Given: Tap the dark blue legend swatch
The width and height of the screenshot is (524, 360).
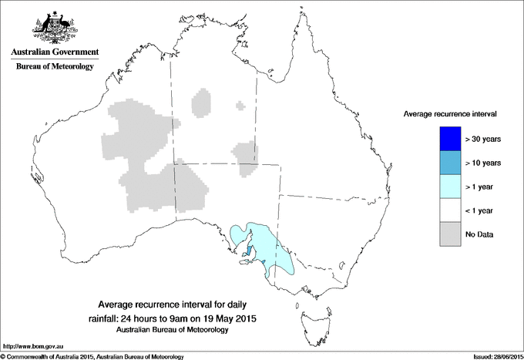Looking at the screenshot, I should point(448,139).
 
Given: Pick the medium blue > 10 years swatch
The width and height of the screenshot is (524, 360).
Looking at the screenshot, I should point(448,163).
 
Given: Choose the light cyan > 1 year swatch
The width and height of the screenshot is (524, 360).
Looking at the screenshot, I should point(448,187).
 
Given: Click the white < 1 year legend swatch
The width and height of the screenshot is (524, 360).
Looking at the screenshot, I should point(448,210).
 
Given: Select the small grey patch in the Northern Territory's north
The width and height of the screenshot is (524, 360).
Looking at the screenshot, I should point(202,103).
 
